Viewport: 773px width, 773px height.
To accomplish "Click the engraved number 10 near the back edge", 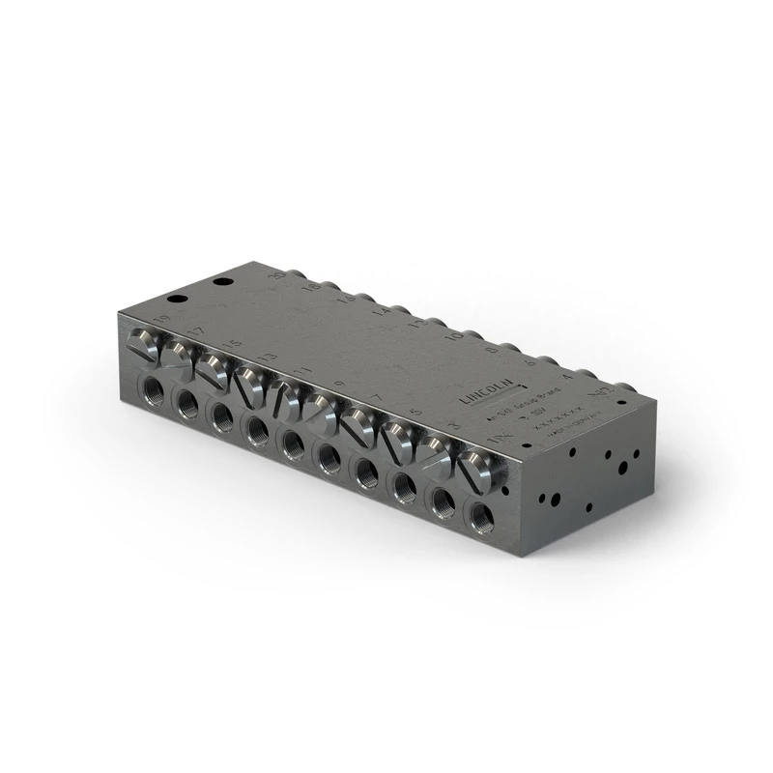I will pos(455,337).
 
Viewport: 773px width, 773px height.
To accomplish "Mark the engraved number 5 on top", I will pos(415,416).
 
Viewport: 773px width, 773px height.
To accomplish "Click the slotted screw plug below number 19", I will pos(143,343).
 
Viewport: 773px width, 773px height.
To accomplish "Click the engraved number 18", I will pos(311,287).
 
